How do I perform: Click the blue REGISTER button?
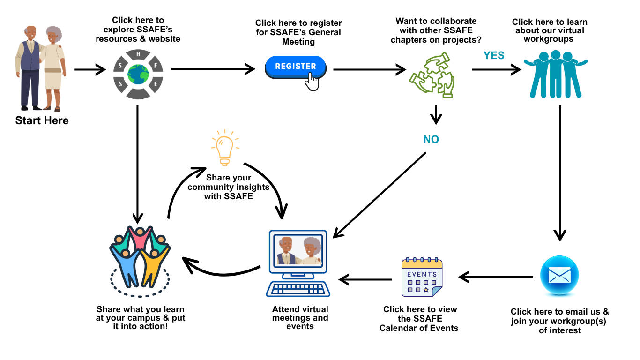click(295, 67)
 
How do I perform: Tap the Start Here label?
click(42, 120)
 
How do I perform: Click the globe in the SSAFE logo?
click(138, 74)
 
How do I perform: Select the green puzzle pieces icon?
click(432, 75)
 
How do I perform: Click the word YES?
click(494, 55)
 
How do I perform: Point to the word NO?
click(431, 139)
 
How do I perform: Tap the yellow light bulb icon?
click(224, 148)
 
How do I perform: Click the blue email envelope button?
click(559, 276)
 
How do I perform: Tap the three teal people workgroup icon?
click(555, 74)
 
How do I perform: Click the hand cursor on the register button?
click(312, 82)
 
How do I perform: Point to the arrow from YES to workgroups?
click(497, 70)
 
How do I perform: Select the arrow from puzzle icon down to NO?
click(436, 115)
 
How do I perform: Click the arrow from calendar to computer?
click(365, 280)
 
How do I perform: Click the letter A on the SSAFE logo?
click(138, 54)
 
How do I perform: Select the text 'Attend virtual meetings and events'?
click(300, 318)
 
